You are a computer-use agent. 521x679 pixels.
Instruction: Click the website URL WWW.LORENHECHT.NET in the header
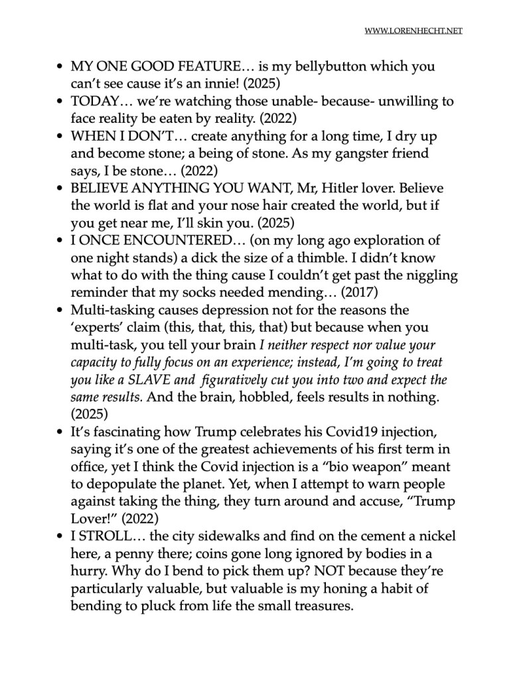point(413,31)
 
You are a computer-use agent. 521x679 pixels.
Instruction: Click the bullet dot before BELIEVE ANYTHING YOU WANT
point(60,189)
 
